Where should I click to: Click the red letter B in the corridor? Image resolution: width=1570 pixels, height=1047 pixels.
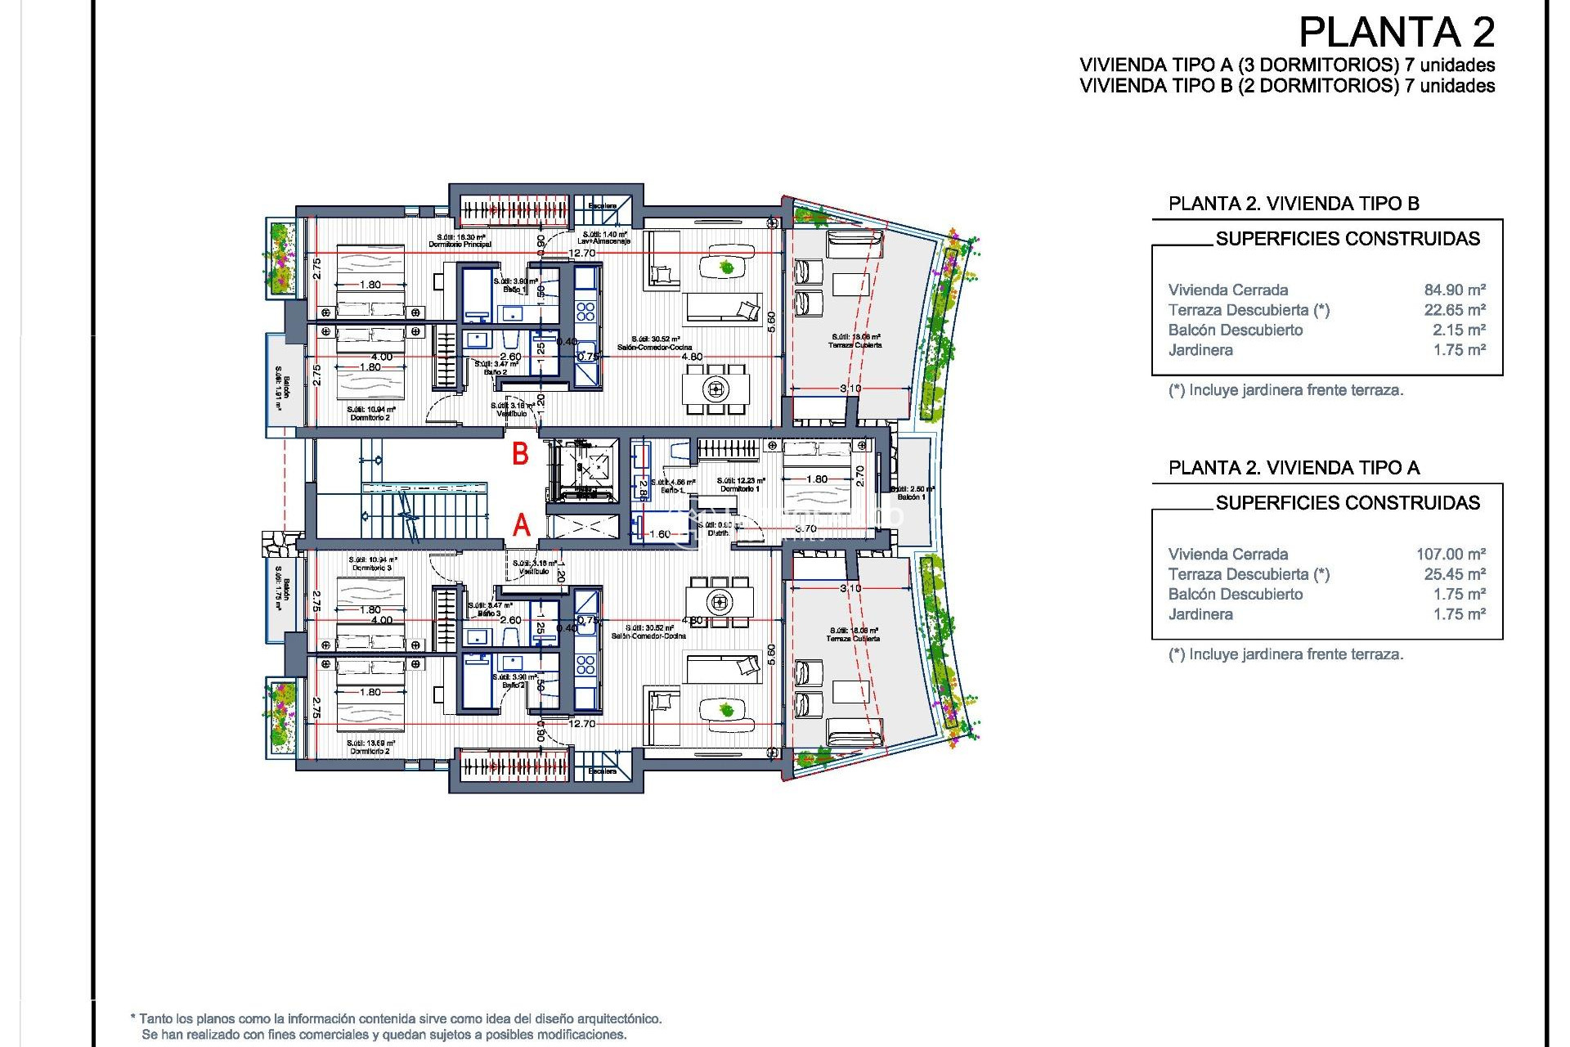pos(520,454)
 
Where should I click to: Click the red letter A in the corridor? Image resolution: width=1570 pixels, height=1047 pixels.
pos(522,525)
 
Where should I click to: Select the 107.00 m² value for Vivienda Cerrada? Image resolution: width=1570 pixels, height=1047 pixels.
pos(1451,555)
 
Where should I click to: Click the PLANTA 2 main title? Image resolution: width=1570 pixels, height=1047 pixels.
pos(1397,34)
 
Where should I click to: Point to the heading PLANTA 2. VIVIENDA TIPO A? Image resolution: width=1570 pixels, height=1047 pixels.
pos(1294,468)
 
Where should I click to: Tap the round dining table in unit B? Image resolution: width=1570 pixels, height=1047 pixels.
pos(716,389)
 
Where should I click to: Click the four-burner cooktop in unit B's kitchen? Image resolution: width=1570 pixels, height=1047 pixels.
pos(585,311)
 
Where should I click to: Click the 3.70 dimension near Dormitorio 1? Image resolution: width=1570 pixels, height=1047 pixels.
pos(805,529)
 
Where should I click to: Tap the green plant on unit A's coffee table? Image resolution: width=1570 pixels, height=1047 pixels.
pos(726,708)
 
